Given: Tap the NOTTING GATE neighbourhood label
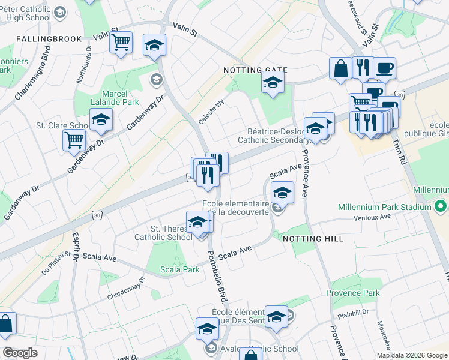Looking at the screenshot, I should pyautogui.click(x=255, y=71).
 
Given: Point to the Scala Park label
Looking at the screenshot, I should pyautogui.click(x=179, y=269).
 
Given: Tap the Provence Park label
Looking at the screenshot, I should pyautogui.click(x=353, y=293).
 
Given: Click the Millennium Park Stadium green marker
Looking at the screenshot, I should pyautogui.click(x=440, y=207).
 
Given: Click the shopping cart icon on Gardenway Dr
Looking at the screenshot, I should pyautogui.click(x=74, y=140).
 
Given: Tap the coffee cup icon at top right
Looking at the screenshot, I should pyautogui.click(x=384, y=68).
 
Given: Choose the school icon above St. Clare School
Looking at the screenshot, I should pyautogui.click(x=101, y=119).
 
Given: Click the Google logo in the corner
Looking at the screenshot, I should pyautogui.click(x=20, y=353).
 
